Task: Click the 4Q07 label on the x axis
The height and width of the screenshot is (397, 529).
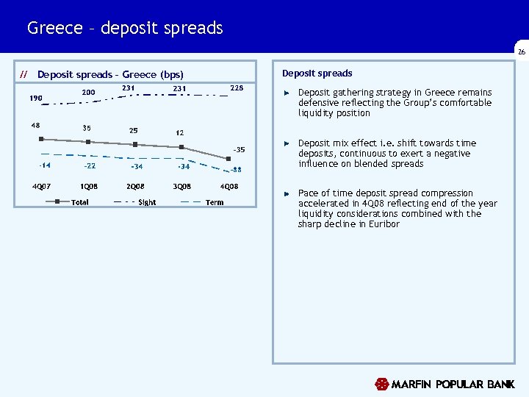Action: click(x=41, y=186)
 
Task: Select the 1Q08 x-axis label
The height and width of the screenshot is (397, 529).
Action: click(x=89, y=186)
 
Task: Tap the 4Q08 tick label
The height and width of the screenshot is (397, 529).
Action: click(x=228, y=186)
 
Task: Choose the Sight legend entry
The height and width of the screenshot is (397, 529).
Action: click(x=146, y=202)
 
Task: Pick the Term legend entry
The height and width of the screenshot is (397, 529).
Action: click(x=215, y=202)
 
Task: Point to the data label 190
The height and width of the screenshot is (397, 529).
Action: click(x=36, y=98)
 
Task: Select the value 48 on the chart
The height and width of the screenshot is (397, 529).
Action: click(x=35, y=125)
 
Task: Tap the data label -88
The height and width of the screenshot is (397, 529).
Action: click(x=236, y=170)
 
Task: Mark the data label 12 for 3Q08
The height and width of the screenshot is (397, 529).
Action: click(x=179, y=133)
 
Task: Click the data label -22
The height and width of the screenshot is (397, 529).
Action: click(x=90, y=166)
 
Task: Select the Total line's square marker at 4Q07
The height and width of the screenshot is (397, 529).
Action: click(x=42, y=139)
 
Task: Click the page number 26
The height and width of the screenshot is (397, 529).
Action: click(x=521, y=53)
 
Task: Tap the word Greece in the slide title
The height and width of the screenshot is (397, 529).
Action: click(x=54, y=28)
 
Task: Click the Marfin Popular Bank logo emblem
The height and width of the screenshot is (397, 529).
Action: click(x=381, y=385)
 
